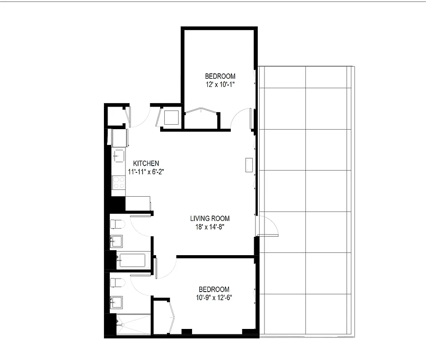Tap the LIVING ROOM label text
point(207,219)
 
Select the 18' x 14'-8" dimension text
point(207,227)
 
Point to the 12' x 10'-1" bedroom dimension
point(220,84)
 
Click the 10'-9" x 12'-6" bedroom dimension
point(214,297)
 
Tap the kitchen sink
point(118,156)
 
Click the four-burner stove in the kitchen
point(119,182)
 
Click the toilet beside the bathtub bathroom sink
point(117,224)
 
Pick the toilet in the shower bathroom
point(117,283)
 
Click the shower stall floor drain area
point(134,324)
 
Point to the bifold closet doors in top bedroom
point(201,111)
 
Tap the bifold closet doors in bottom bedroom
point(172,318)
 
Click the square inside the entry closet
point(171,118)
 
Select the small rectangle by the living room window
point(249,165)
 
